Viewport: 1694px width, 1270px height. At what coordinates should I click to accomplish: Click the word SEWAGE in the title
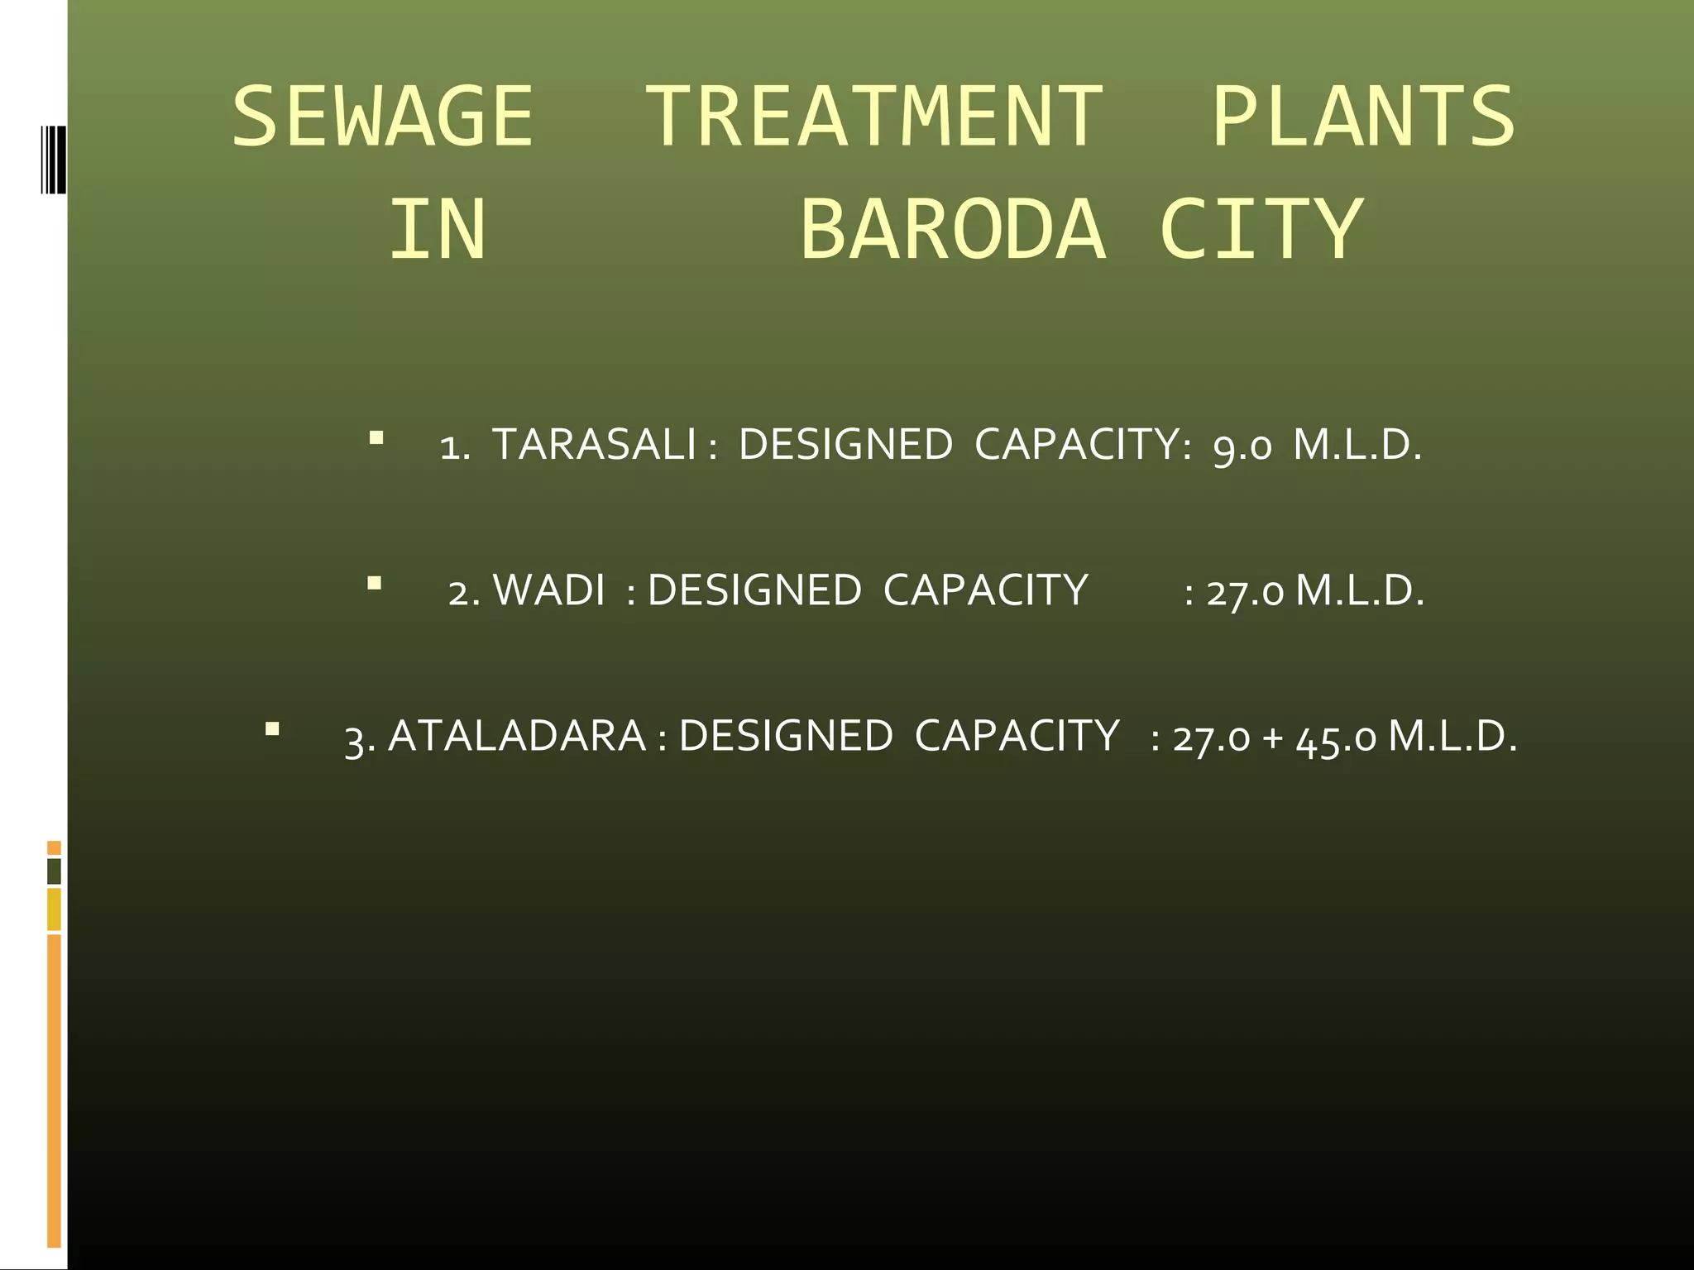coord(382,117)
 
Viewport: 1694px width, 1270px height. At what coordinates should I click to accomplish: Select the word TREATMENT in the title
coord(873,117)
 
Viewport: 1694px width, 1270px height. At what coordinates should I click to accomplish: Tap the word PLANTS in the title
coord(1363,117)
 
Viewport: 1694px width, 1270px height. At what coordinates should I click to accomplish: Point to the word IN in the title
coord(438,230)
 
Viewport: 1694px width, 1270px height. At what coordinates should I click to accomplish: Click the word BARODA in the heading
coord(952,230)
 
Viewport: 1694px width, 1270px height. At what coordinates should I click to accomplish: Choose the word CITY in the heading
coord(1261,230)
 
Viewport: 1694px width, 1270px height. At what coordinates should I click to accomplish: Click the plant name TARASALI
coord(594,445)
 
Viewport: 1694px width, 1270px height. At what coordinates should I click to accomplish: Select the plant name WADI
coord(548,591)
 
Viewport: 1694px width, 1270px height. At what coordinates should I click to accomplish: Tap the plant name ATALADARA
coord(517,736)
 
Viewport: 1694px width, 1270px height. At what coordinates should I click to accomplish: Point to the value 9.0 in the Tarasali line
coord(1242,446)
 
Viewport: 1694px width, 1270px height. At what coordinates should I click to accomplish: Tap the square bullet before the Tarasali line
coord(376,437)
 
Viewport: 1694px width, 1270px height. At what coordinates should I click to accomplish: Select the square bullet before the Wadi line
coord(375,584)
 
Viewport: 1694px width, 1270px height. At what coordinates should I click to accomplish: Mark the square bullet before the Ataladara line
coord(272,729)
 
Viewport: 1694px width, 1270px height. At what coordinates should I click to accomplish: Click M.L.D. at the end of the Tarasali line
coord(1357,445)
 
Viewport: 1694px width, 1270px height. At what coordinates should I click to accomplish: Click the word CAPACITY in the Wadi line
coord(985,591)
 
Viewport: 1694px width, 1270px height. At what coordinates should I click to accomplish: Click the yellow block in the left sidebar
coord(54,910)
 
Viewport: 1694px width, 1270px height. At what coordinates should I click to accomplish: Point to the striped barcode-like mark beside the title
coord(54,159)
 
